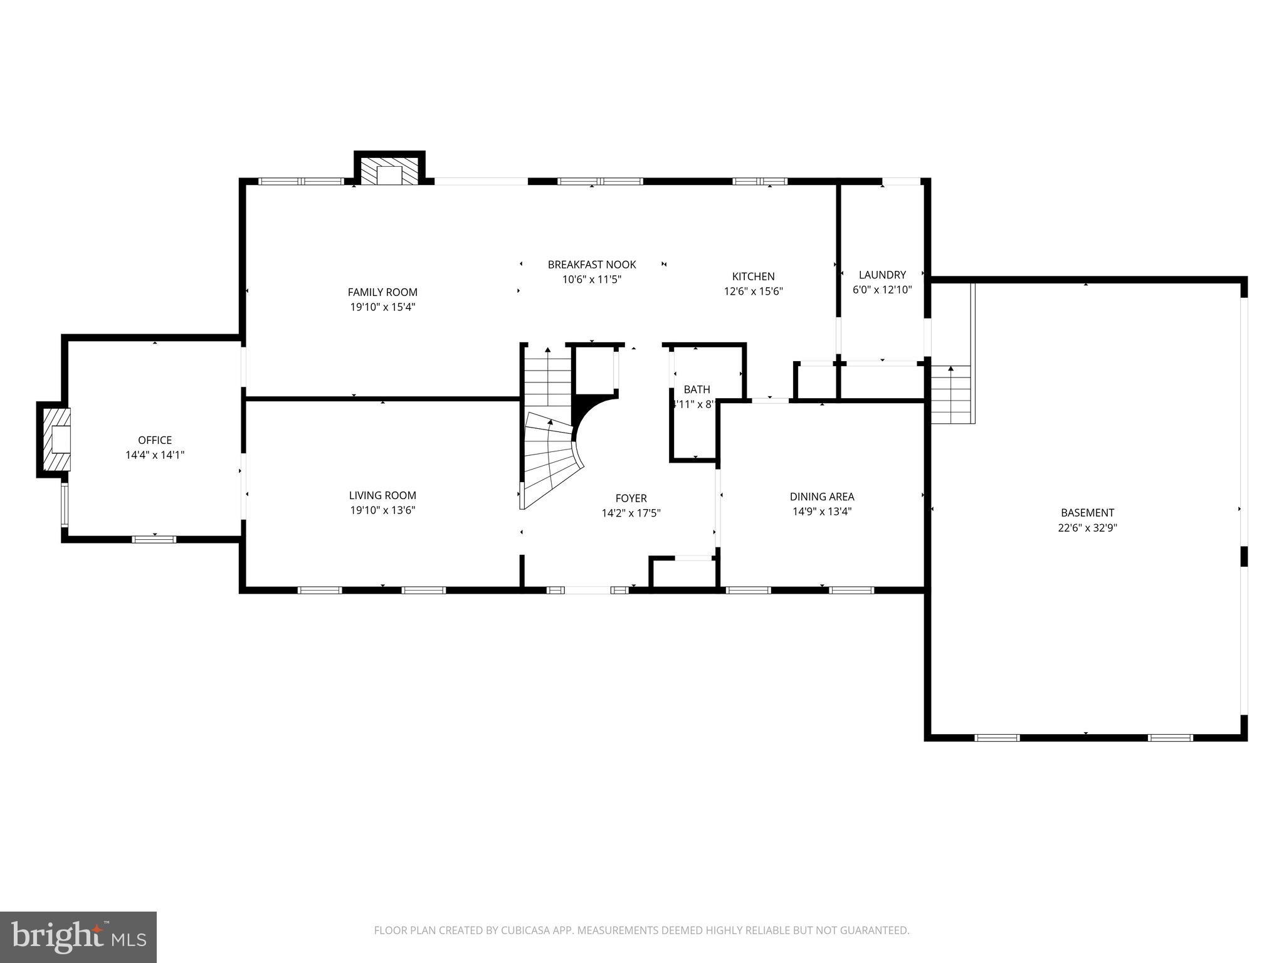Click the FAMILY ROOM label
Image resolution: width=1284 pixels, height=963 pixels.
pos(382,292)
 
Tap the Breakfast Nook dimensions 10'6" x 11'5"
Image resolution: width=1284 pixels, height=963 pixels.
pos(592,280)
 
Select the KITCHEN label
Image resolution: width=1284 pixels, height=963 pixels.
pos(753,276)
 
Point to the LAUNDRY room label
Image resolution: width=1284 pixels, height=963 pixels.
pos(882,275)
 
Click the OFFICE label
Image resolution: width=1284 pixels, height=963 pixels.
pos(155,440)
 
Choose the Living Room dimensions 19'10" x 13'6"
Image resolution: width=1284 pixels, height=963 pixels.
pos(382,510)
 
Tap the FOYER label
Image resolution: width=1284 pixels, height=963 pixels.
pos(631,498)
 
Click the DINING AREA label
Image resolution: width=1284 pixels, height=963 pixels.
pos(822,497)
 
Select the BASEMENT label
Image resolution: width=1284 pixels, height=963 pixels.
pos(1087,513)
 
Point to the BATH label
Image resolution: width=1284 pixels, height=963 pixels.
pos(697,389)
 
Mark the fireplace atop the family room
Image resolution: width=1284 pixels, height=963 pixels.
pos(389,171)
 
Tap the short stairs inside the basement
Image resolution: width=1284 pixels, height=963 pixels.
pos(950,395)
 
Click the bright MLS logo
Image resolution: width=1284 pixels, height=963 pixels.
pos(78,937)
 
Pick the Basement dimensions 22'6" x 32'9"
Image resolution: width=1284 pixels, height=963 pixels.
pos(1087,528)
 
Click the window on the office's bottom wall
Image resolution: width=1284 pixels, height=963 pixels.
pos(154,539)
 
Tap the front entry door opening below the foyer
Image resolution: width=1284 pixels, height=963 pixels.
pos(587,590)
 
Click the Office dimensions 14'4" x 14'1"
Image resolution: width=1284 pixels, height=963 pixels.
pos(155,455)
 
